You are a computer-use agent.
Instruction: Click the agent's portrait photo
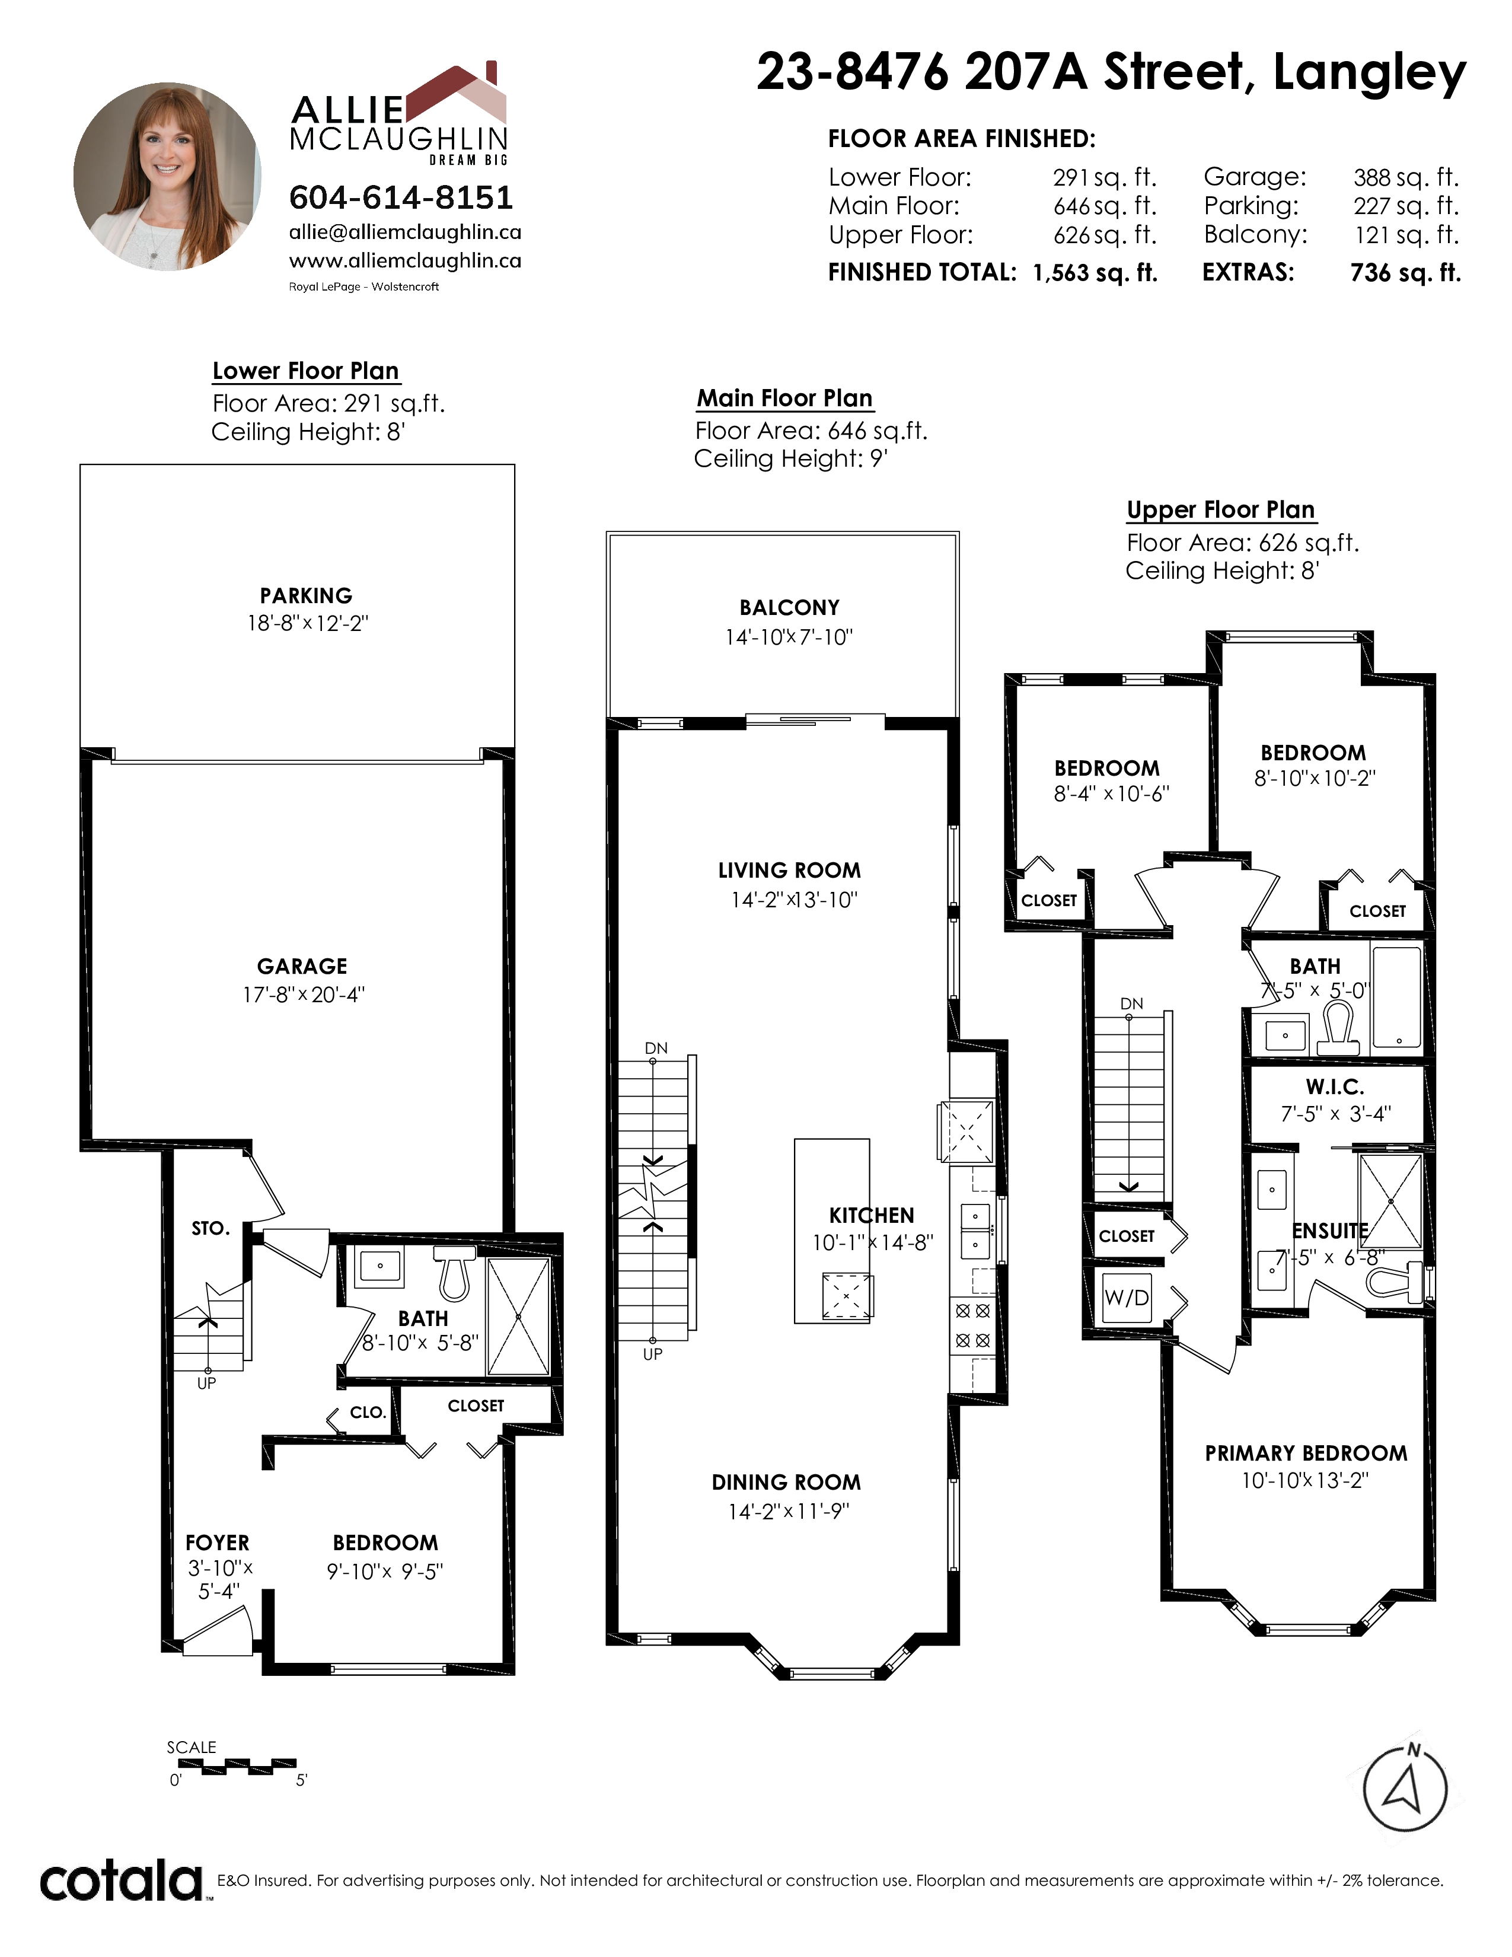167,177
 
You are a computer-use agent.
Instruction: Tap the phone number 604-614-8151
400,197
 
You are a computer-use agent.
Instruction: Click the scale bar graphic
231,1766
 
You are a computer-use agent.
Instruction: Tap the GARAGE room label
302,966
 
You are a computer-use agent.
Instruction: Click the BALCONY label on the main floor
789,607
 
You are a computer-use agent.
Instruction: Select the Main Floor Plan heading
784,398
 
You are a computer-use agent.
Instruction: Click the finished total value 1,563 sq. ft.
1095,273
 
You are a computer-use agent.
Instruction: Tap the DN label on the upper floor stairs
1131,1003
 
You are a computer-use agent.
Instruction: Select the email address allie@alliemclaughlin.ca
405,232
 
